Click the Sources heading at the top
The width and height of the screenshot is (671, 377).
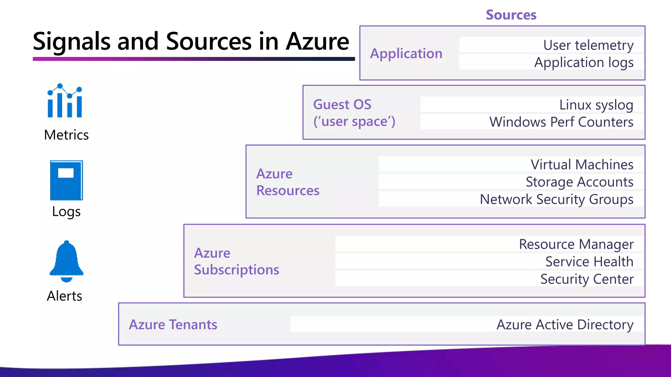tap(511, 15)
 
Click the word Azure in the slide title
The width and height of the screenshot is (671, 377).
tap(317, 42)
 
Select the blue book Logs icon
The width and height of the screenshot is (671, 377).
tap(66, 180)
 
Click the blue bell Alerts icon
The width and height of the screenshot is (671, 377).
tap(67, 261)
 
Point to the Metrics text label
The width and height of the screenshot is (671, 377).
tap(66, 135)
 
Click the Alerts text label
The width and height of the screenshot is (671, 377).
tap(65, 296)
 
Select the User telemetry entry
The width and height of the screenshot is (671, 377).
tap(588, 45)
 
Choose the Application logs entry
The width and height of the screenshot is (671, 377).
tap(584, 62)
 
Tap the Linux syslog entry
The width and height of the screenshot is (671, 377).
tap(596, 105)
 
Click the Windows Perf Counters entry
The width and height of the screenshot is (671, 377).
tap(561, 122)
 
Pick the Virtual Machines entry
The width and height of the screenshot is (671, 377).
tap(582, 165)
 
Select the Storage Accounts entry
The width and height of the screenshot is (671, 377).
tap(579, 182)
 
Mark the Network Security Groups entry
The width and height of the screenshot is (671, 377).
tap(556, 199)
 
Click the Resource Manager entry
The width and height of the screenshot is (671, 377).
tap(576, 244)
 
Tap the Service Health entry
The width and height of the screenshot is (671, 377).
tap(589, 261)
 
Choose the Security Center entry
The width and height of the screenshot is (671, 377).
tap(586, 279)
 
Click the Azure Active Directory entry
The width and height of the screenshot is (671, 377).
tap(565, 325)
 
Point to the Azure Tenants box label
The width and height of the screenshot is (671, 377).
tap(173, 325)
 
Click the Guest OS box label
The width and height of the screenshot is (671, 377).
tap(342, 105)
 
